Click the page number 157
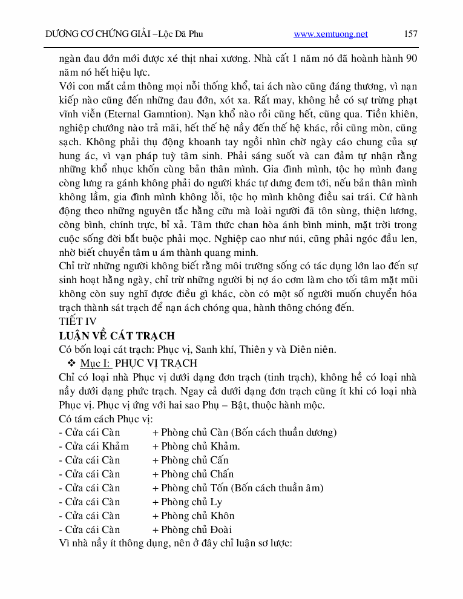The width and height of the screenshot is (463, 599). coord(410,34)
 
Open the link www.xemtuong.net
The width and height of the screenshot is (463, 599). coord(330,34)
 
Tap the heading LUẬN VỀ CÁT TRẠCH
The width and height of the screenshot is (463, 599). coord(117,335)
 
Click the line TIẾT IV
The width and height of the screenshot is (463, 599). coord(77,321)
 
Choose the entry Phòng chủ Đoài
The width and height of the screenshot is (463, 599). coord(197,529)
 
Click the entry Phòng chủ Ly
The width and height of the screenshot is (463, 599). coord(191,502)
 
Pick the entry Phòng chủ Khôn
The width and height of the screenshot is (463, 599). coord(197,516)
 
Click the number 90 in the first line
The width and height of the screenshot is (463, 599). coord(411,59)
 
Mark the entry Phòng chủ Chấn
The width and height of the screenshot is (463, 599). coord(197,474)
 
